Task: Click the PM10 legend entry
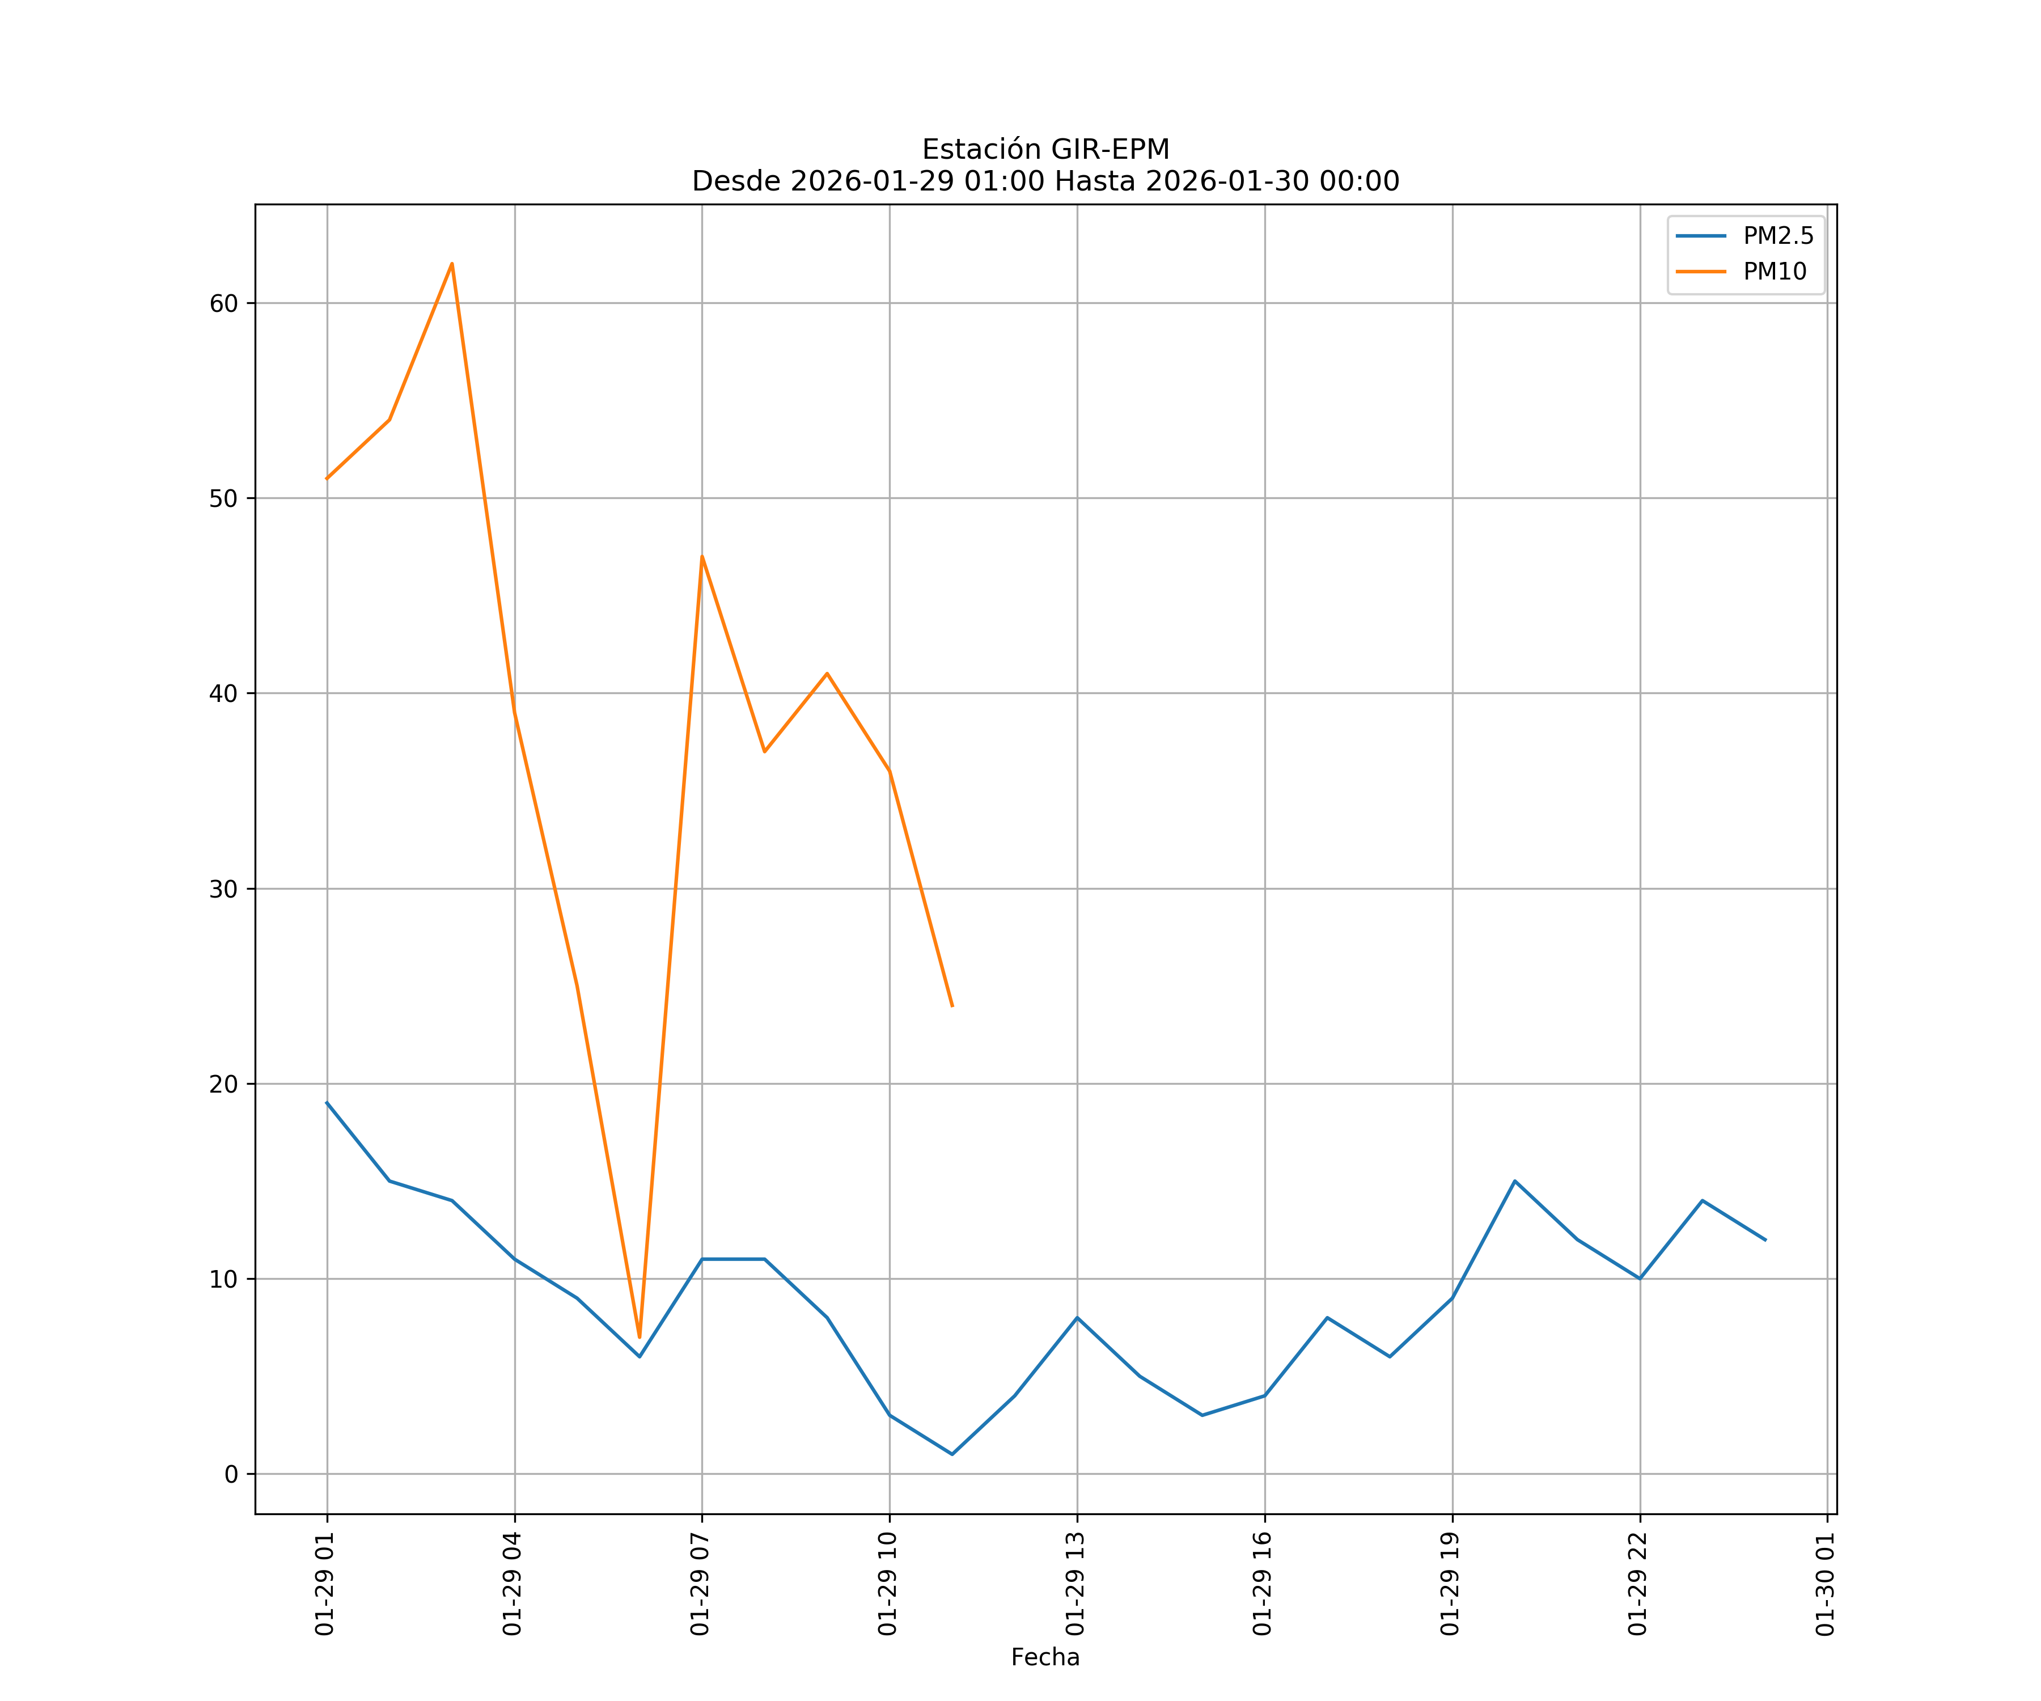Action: (1774, 272)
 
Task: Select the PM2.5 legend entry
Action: (1777, 236)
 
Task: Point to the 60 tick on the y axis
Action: (223, 303)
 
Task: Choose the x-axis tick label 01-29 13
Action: (1075, 1584)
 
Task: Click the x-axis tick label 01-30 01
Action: (1825, 1584)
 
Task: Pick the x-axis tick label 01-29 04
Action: (512, 1584)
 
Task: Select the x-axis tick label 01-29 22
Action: (1638, 1584)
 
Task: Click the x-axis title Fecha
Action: (1045, 1657)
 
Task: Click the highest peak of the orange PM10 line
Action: (452, 264)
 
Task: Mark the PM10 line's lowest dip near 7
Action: (640, 1338)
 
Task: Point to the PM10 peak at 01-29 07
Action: (702, 557)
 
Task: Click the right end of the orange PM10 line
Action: (952, 1006)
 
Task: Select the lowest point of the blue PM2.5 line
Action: (952, 1454)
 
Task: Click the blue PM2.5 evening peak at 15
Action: (1514, 1181)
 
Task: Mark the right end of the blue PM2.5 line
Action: (1765, 1240)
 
